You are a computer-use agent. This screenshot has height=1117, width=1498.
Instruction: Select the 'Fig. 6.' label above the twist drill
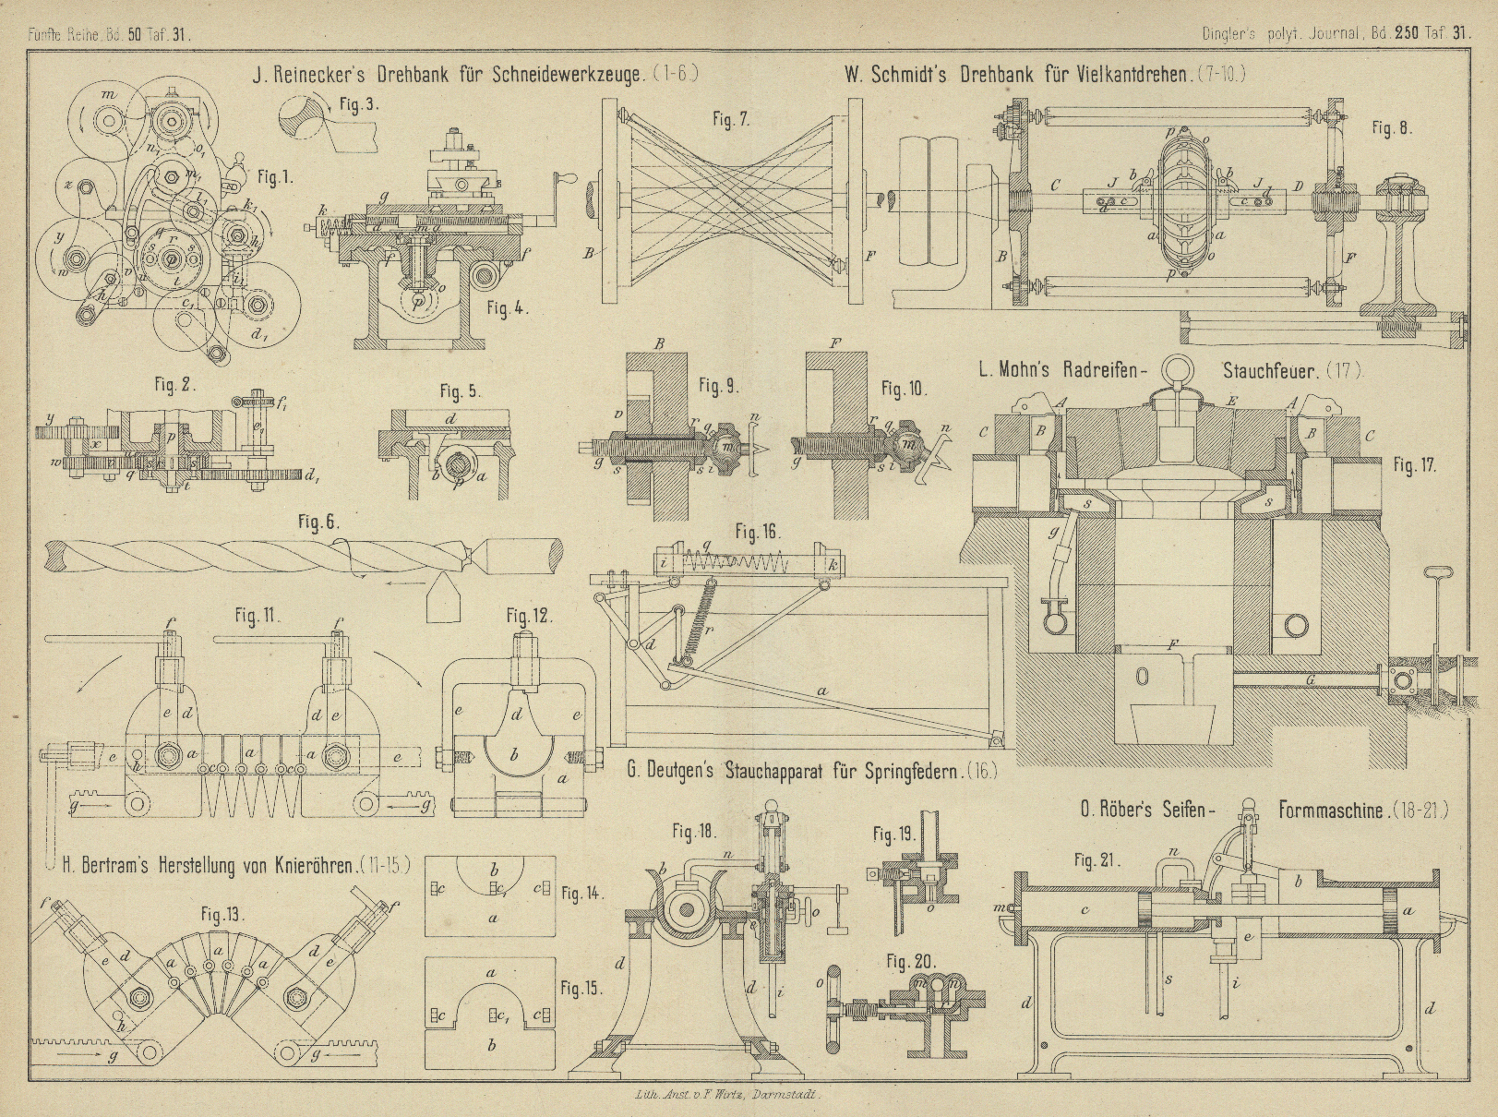[x=318, y=522]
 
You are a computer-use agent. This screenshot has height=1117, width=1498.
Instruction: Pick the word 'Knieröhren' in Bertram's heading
[x=306, y=867]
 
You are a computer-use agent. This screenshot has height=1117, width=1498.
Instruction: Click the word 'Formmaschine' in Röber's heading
[x=1332, y=811]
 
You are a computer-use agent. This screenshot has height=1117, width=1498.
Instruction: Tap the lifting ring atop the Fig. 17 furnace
[x=1177, y=369]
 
